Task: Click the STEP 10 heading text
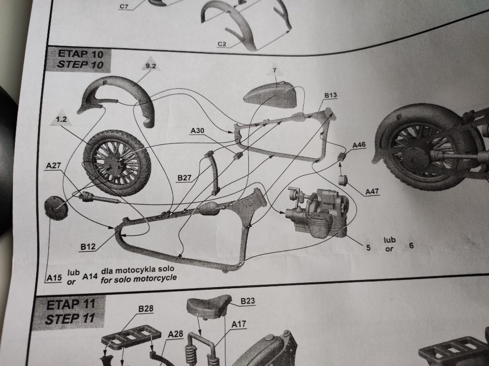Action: coord(81,65)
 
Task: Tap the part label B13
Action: coord(330,96)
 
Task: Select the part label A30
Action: coord(197,130)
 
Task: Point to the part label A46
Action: coord(359,145)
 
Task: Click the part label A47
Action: coord(372,192)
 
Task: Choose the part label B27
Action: coord(184,178)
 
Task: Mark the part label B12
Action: coord(88,247)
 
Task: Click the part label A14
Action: coord(90,276)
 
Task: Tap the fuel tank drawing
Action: coord(268,94)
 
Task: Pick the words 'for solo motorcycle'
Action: coord(138,278)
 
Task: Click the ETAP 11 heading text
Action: coord(71,304)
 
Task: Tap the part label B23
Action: coord(247,301)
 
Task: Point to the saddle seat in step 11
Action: coord(208,306)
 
